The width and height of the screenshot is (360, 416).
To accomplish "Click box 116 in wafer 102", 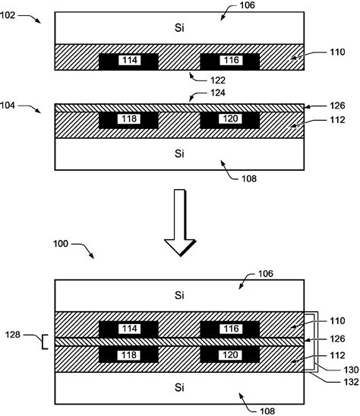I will pyautogui.click(x=229, y=60).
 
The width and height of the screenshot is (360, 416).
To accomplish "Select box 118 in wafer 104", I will pyautogui.click(x=128, y=120).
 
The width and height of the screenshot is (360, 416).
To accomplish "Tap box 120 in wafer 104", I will pyautogui.click(x=229, y=120).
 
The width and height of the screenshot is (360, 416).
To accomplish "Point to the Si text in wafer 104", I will pyautogui.click(x=179, y=153).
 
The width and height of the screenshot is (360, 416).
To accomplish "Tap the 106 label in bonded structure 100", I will pyautogui.click(x=263, y=273).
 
